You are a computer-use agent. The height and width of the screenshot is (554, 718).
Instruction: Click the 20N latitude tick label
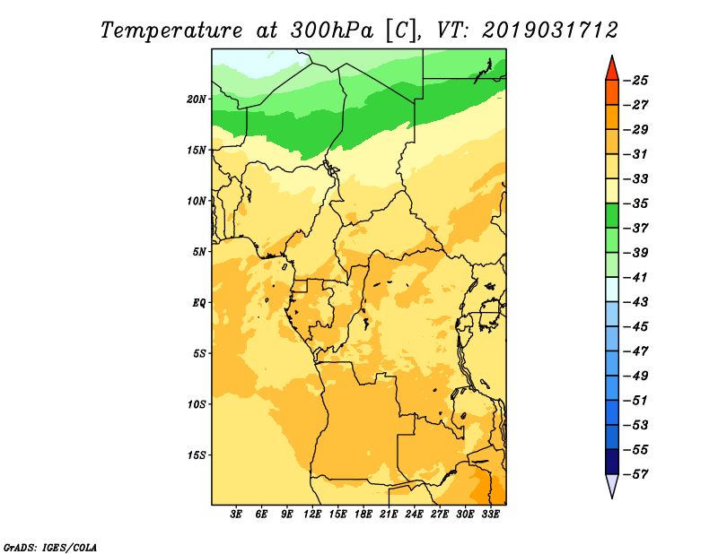(196, 100)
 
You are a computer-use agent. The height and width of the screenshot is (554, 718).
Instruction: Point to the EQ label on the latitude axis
(198, 303)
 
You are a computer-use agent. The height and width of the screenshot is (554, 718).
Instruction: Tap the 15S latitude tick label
(197, 455)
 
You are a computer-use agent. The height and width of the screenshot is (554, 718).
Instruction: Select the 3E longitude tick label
(236, 514)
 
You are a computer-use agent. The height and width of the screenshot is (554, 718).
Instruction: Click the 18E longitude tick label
(363, 514)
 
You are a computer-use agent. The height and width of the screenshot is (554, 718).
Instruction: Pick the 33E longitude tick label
(490, 514)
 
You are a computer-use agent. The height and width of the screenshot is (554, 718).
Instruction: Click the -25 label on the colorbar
(636, 81)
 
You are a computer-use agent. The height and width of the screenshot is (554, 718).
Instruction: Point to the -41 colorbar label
(636, 278)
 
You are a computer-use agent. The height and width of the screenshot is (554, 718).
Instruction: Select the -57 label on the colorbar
(636, 474)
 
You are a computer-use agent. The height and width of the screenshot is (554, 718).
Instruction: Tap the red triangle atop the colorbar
(612, 69)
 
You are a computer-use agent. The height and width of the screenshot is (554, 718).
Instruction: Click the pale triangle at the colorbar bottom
(612, 485)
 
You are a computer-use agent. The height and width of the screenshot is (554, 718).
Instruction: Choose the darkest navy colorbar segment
(612, 462)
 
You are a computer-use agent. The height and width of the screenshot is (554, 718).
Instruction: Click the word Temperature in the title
(171, 30)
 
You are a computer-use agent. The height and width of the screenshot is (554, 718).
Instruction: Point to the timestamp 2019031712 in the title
(550, 30)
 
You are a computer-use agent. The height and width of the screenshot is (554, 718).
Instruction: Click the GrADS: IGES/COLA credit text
(50, 548)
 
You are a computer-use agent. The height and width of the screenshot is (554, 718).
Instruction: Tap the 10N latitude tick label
(196, 201)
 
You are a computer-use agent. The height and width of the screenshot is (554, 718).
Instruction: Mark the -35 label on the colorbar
(636, 203)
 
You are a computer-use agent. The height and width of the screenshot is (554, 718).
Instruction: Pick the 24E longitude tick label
(414, 514)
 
